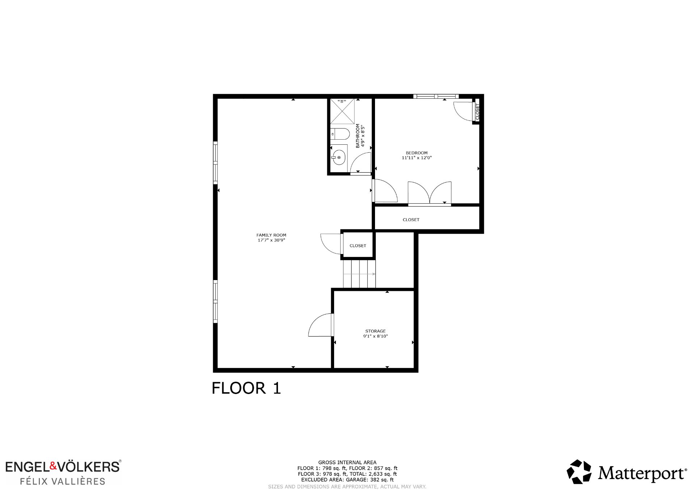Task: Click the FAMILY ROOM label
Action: (271, 235)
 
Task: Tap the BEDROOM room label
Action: (417, 153)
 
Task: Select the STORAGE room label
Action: (375, 331)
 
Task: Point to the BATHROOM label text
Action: (358, 136)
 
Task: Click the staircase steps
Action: (359, 274)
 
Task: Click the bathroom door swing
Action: (361, 163)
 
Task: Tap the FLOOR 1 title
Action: (246, 388)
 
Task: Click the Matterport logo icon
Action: (579, 472)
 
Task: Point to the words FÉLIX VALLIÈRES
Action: (62, 481)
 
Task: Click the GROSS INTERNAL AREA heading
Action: (347, 462)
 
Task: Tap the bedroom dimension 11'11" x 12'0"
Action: (417, 158)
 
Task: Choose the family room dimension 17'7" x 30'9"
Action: (271, 240)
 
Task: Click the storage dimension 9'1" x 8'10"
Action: (375, 336)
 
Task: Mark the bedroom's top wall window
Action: (436, 96)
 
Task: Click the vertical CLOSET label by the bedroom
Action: (477, 112)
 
